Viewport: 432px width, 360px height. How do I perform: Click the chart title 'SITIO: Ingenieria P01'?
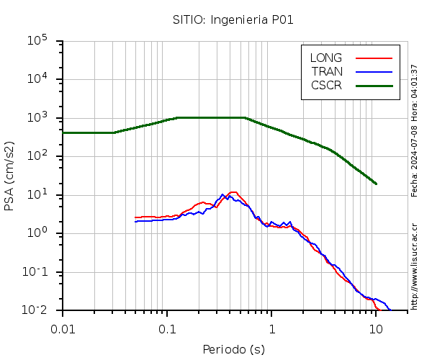click(x=233, y=19)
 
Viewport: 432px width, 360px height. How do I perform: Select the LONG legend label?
click(x=326, y=58)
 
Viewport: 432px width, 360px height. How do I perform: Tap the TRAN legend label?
click(x=327, y=71)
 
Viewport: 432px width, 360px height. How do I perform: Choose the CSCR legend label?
click(x=326, y=85)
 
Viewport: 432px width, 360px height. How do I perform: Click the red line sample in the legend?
click(x=374, y=58)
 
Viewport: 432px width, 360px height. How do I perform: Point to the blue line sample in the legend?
click(x=374, y=71)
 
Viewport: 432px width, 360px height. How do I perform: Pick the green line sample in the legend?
click(x=374, y=85)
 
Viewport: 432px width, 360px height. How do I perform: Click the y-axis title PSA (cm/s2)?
click(x=10, y=176)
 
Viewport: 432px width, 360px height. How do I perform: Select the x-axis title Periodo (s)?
click(x=233, y=350)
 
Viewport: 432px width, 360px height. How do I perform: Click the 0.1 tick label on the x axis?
click(x=167, y=328)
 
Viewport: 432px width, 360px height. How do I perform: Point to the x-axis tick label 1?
click(x=271, y=328)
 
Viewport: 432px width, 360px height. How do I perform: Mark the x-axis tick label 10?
click(x=376, y=328)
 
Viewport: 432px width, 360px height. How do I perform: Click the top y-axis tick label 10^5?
click(x=37, y=40)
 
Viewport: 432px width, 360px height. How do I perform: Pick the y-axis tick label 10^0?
click(x=37, y=233)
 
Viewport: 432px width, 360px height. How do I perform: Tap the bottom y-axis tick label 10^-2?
click(x=36, y=310)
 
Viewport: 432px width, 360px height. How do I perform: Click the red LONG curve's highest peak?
click(x=233, y=192)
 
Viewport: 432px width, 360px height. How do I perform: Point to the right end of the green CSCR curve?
click(x=376, y=184)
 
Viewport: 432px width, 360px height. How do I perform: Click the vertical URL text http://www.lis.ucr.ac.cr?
click(x=414, y=266)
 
